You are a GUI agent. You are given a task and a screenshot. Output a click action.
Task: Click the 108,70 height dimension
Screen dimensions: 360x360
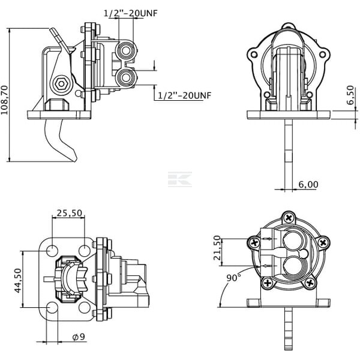(4, 100)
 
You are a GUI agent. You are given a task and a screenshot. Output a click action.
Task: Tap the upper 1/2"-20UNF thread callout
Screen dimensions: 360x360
(131, 13)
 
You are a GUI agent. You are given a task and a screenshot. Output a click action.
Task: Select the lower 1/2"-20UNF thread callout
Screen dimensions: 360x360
(184, 95)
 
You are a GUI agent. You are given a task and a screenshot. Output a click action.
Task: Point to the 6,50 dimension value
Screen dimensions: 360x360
(350, 95)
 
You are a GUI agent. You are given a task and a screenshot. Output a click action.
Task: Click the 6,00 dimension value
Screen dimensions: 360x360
(308, 184)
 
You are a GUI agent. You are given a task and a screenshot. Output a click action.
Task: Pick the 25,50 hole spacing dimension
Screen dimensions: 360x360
(70, 213)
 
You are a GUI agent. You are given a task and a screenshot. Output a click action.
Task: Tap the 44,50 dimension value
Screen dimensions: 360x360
(18, 281)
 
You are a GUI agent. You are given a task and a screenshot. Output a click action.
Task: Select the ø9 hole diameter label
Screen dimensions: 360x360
(79, 337)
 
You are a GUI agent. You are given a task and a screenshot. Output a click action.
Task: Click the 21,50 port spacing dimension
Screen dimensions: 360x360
(217, 248)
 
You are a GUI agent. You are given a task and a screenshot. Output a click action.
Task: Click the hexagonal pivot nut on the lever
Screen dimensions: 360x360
(61, 84)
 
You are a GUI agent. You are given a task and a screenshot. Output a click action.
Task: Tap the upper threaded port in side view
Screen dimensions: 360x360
(126, 50)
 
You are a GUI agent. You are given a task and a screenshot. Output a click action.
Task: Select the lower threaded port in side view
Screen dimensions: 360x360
(126, 77)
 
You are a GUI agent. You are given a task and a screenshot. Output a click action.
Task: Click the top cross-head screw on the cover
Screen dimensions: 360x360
(289, 217)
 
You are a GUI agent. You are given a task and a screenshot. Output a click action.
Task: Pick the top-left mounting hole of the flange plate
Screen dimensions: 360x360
(52, 250)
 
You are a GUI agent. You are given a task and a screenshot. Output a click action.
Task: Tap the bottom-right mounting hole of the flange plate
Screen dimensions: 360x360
(85, 308)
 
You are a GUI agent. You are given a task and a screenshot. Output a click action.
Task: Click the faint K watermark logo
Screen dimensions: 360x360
(180, 179)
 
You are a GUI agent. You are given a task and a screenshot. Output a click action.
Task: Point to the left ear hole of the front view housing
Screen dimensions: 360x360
(254, 55)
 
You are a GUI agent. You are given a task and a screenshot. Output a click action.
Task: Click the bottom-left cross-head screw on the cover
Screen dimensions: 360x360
(268, 283)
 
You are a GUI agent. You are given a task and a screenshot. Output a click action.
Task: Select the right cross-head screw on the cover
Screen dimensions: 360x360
(323, 242)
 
